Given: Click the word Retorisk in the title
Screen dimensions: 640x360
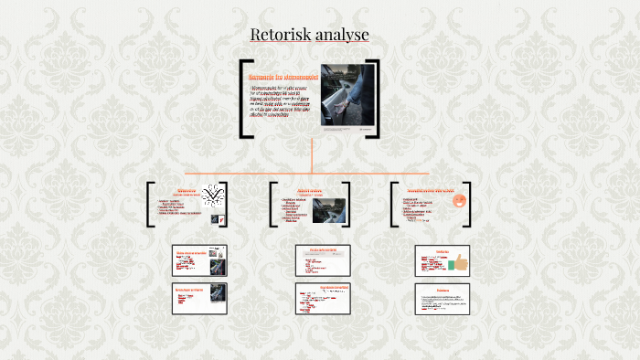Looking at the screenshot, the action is [x=281, y=35].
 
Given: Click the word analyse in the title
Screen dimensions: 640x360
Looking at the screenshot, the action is [x=342, y=35].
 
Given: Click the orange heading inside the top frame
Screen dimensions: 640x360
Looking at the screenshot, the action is [x=283, y=79].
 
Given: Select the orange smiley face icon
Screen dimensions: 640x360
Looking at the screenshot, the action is [x=459, y=200].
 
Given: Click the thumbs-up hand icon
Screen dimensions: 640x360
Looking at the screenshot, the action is [x=457, y=263].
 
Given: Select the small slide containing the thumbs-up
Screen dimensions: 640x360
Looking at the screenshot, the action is [x=442, y=260].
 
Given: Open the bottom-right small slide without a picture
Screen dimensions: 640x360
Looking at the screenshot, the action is [x=442, y=299].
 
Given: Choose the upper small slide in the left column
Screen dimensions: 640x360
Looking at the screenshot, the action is [x=200, y=260].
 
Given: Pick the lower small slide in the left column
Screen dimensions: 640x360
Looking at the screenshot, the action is [x=200, y=299].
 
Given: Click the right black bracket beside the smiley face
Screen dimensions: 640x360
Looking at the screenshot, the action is [x=474, y=202].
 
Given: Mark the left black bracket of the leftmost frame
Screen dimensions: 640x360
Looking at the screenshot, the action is [x=150, y=203].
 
